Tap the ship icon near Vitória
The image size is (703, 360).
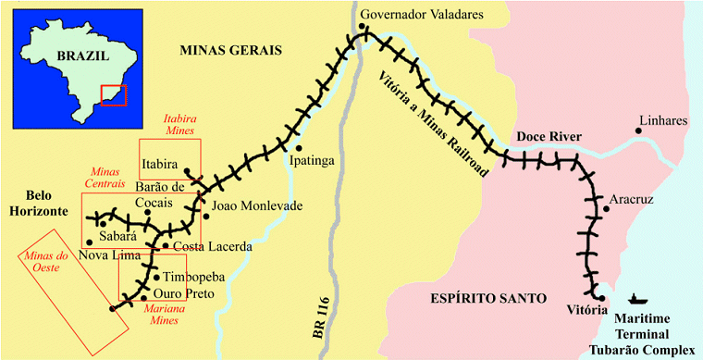coord(636,298)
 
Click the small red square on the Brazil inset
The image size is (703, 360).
coord(113,94)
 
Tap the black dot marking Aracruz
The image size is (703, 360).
coord(606,209)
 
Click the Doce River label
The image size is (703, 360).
coord(549,137)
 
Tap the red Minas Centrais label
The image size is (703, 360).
coord(107,178)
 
